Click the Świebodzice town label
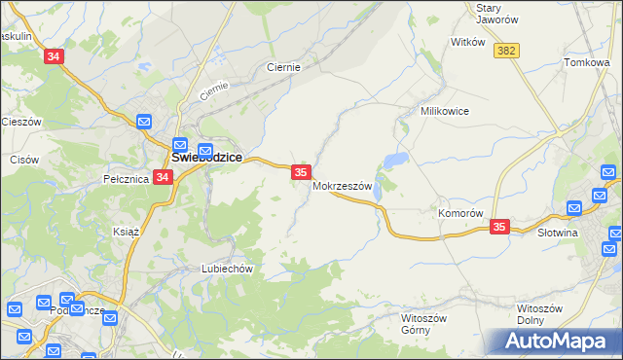[x=206, y=156]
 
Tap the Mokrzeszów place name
[x=343, y=186]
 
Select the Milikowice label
[x=444, y=111]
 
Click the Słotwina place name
[x=558, y=233]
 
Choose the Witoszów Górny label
[x=423, y=323]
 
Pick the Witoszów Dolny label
[x=539, y=314]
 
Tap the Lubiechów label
[x=227, y=269]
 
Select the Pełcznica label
[x=125, y=179]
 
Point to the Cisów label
[x=23, y=159]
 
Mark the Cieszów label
[x=20, y=122]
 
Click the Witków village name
[x=467, y=42]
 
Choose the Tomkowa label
[x=586, y=62]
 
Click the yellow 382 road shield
[x=505, y=51]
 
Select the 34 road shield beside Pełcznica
[x=163, y=178]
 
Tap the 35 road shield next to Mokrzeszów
[x=301, y=172]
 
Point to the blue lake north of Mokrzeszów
[x=395, y=161]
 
